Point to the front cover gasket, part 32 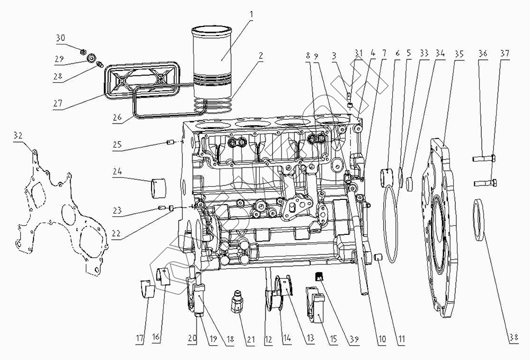[x=58, y=212]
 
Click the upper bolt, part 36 [x=482, y=157]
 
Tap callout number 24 [x=117, y=171]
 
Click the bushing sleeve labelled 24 [x=158, y=187]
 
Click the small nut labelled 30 [x=84, y=51]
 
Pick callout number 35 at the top [x=458, y=54]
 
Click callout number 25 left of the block [x=117, y=145]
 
